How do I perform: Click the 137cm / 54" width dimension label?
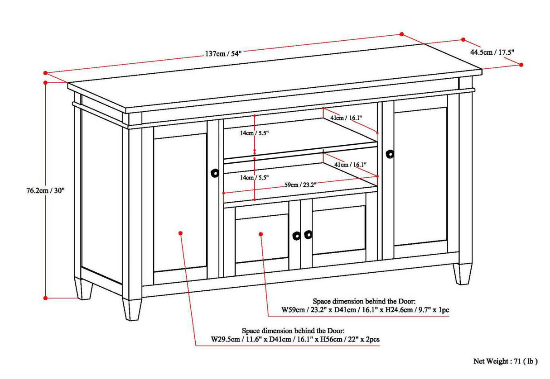point(223,53)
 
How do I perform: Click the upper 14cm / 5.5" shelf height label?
point(255,134)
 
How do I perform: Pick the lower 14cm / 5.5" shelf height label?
point(255,178)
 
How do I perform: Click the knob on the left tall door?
point(215,173)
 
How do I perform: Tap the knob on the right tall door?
point(390,154)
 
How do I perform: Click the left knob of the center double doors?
point(296,236)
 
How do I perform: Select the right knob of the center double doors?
point(309,234)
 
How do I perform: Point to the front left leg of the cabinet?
point(131,310)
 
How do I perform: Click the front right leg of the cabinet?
point(462,274)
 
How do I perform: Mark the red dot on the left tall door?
point(180,233)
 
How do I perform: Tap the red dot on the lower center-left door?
point(261,233)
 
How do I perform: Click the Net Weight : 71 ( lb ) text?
point(505,361)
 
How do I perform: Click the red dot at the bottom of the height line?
point(45,298)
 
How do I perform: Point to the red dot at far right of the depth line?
point(521,65)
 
